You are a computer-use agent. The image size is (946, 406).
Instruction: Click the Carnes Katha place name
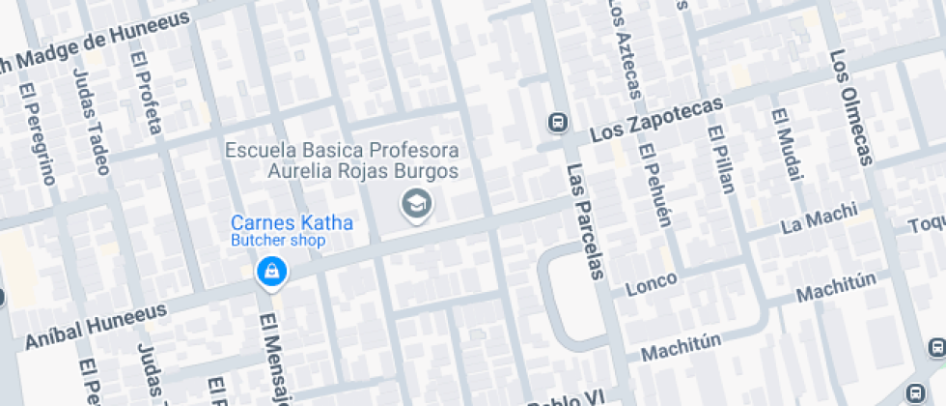[292, 223]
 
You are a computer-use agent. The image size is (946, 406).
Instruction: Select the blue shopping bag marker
[271, 272]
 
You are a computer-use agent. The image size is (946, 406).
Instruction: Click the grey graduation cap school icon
[417, 203]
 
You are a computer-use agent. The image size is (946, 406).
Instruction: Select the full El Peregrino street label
[38, 132]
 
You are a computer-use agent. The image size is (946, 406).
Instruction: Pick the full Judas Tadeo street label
[91, 121]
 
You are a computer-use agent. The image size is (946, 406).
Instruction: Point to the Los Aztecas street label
[623, 48]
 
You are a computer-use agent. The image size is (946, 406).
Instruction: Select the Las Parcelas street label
[585, 220]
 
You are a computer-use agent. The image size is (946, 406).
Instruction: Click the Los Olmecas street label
[850, 106]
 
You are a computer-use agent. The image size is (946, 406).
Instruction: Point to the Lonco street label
[652, 284]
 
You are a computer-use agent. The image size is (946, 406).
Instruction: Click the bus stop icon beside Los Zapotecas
[557, 123]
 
